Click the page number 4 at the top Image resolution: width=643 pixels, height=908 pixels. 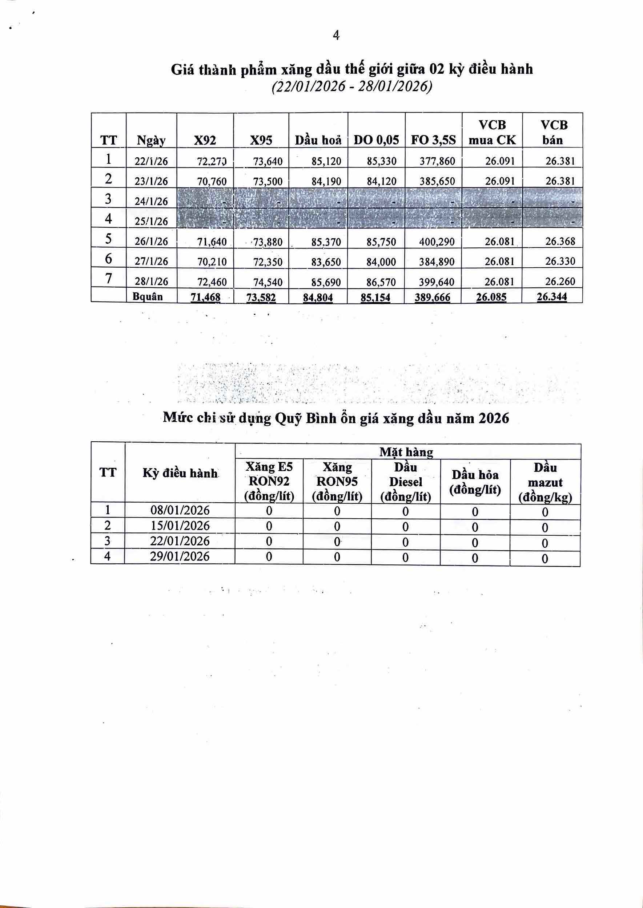pos(336,36)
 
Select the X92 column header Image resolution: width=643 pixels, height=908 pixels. pos(205,140)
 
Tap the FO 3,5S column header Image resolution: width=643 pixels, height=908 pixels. pos(433,140)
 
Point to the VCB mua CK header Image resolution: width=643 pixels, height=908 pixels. pos(492,133)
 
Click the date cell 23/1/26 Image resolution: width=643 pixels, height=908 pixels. pos(151,181)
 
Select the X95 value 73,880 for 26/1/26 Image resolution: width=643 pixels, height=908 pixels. pos(268,241)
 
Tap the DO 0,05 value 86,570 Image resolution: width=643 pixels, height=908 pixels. pos(381,282)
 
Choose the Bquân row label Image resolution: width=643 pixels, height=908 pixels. pos(148,296)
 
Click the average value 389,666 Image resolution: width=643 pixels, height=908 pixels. pos(433,297)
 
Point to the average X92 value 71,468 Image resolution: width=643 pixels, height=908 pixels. pos(205,297)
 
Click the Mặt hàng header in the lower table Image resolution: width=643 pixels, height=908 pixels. pos(406,452)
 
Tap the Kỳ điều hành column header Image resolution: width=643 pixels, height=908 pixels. pos(180,473)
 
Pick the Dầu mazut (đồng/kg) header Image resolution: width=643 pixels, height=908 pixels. pos(545,482)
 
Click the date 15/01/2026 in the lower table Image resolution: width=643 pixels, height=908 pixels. pos(180,526)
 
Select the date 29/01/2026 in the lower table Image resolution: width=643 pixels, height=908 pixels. pos(180,556)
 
